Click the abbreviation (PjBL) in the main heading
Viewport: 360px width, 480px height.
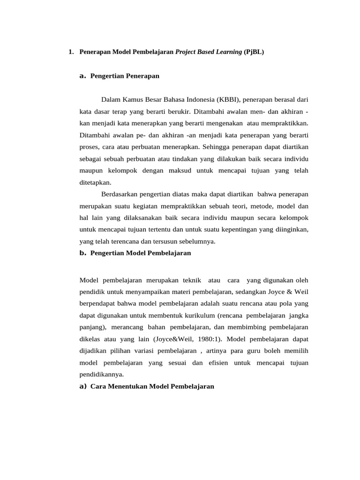tap(254, 52)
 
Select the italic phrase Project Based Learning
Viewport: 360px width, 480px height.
tap(209, 52)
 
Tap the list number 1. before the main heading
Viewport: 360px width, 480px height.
tap(71, 52)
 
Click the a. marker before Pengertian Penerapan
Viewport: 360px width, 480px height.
tap(83, 75)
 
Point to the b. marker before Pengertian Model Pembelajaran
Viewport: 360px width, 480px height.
tap(83, 253)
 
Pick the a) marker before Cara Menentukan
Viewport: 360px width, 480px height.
tap(83, 386)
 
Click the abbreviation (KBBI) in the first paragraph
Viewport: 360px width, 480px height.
tap(228, 100)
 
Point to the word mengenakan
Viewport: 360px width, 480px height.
tap(259, 123)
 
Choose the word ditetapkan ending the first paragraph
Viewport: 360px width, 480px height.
tap(96, 182)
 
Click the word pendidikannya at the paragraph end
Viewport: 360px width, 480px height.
tap(102, 375)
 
